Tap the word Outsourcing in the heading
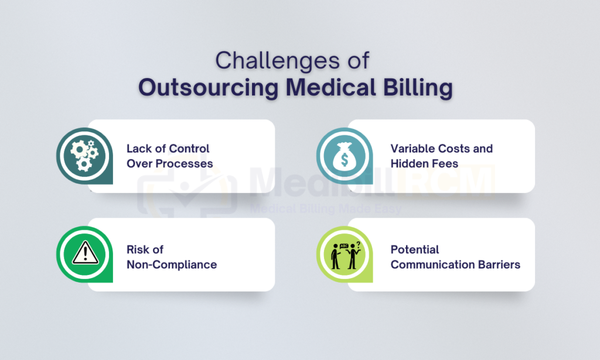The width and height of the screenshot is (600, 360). click(209, 88)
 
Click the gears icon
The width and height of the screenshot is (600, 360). click(84, 155)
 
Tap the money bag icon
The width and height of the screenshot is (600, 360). click(345, 157)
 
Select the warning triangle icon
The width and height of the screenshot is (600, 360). click(85, 253)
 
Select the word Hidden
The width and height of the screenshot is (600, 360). click(408, 164)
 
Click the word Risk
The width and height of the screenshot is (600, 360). click(136, 250)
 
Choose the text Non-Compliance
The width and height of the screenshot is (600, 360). click(172, 264)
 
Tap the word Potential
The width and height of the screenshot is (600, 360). click(415, 250)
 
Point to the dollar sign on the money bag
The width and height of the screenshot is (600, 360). click(345, 160)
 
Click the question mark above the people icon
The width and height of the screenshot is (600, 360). click(358, 243)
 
